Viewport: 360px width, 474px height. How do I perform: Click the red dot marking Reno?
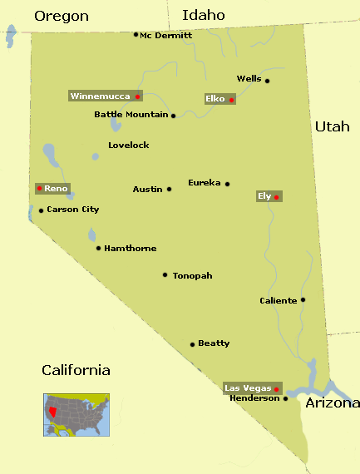pyautogui.click(x=39, y=188)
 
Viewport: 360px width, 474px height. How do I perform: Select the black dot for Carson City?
pyautogui.click(x=41, y=210)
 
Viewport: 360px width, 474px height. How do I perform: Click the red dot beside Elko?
pyautogui.click(x=232, y=100)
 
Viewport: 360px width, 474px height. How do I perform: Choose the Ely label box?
pyautogui.click(x=265, y=195)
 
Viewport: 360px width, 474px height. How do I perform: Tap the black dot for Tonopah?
pyautogui.click(x=165, y=274)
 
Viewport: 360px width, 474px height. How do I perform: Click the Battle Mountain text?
pyautogui.click(x=131, y=115)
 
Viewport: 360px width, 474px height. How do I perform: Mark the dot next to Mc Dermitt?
pyautogui.click(x=136, y=34)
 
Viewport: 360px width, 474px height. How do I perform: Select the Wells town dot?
pyautogui.click(x=267, y=81)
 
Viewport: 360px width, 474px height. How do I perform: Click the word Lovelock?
pyautogui.click(x=129, y=146)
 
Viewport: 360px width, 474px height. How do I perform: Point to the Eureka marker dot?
pyautogui.click(x=227, y=184)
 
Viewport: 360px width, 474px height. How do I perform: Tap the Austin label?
pyautogui.click(x=147, y=190)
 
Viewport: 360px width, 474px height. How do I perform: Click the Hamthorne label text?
pyautogui.click(x=131, y=249)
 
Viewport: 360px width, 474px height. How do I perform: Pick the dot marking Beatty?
pyautogui.click(x=192, y=344)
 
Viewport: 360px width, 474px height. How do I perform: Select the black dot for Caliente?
pyautogui.click(x=303, y=300)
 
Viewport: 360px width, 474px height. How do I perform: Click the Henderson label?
pyautogui.click(x=254, y=398)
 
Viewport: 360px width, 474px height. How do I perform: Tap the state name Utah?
pyautogui.click(x=332, y=126)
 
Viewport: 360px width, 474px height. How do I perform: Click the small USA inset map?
pyautogui.click(x=76, y=413)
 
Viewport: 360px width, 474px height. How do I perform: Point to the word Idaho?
pyautogui.click(x=204, y=15)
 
